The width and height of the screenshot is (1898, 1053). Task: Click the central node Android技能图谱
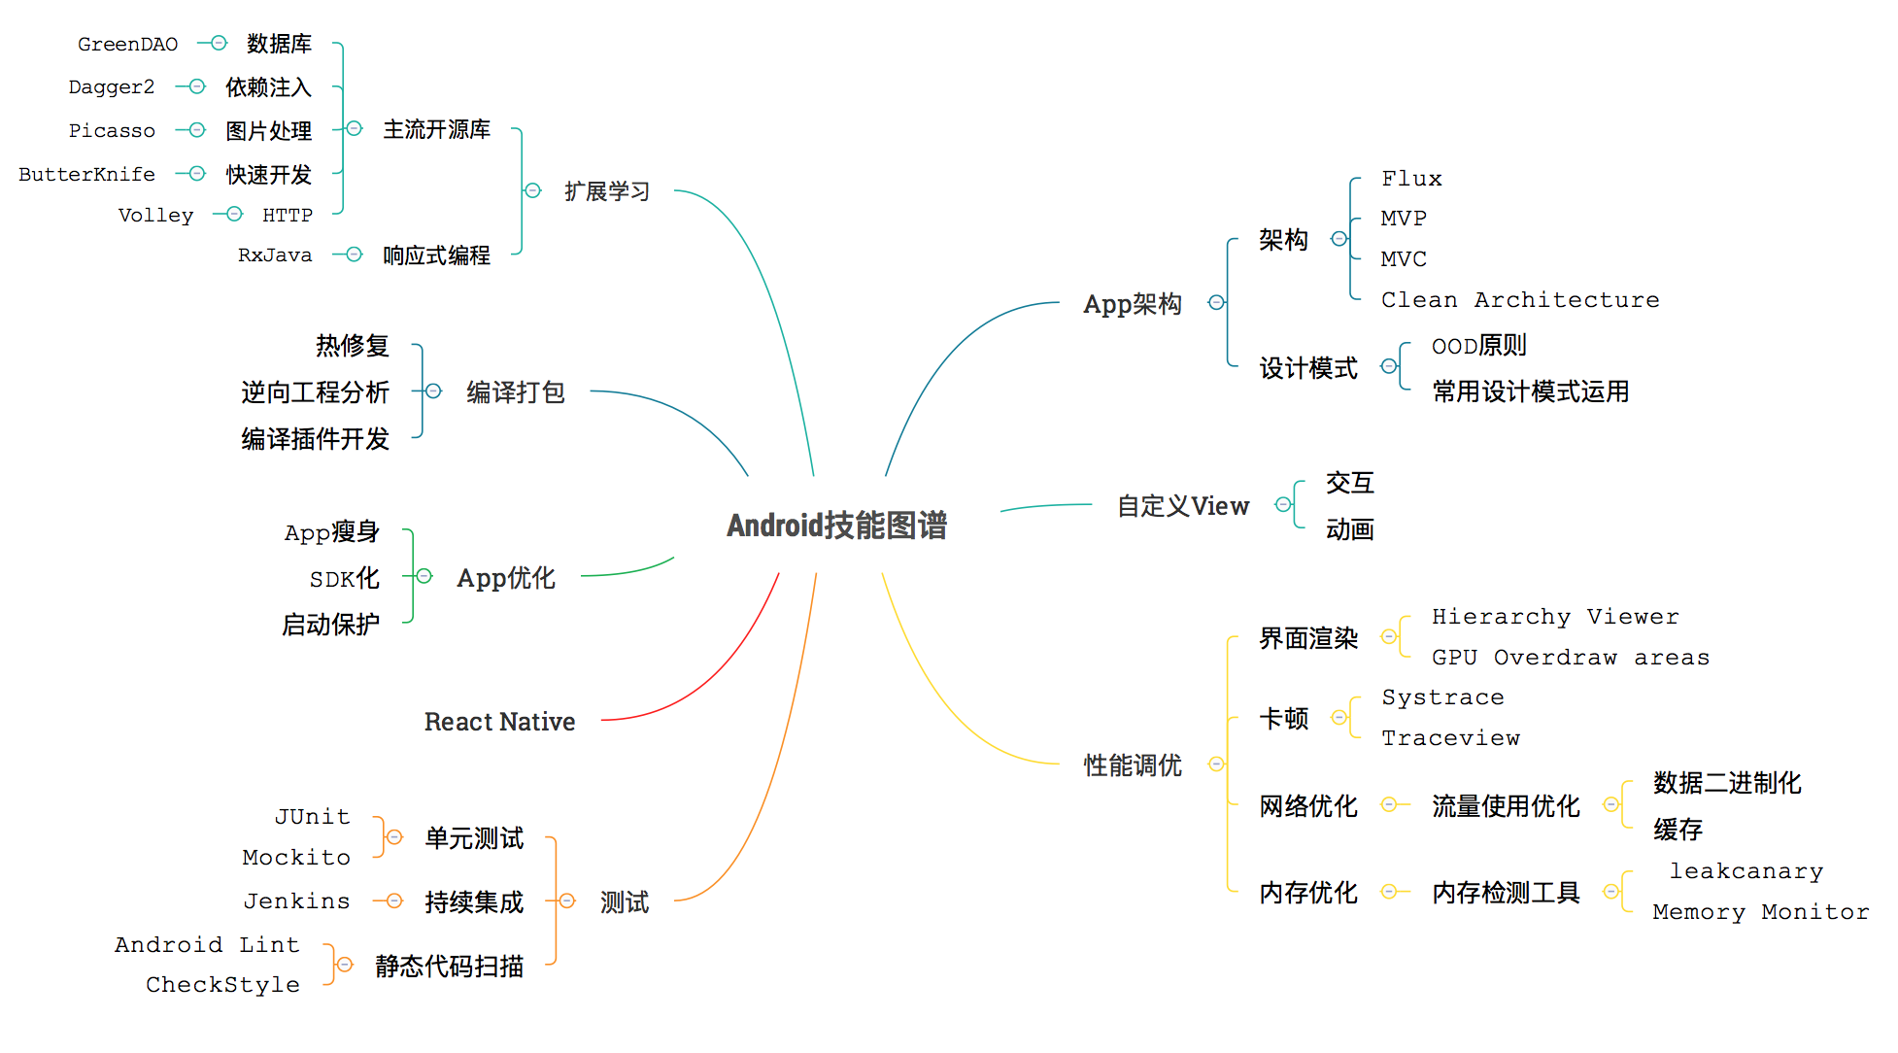tap(836, 526)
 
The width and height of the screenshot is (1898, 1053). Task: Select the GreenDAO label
tap(127, 45)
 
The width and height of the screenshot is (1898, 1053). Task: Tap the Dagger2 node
tap(111, 87)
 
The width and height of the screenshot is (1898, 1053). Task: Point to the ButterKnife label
tap(86, 175)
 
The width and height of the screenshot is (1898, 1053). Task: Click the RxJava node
tap(275, 255)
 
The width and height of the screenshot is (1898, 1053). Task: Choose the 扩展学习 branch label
tap(607, 191)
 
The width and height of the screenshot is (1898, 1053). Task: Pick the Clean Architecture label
tap(1519, 300)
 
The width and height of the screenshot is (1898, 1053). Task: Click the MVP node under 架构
tap(1403, 219)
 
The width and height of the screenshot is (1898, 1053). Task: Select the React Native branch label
tap(499, 722)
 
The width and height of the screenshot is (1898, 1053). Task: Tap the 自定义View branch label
tap(1182, 506)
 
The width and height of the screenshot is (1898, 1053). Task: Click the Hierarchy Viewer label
tap(1554, 617)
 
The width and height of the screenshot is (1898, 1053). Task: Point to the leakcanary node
tap(1745, 871)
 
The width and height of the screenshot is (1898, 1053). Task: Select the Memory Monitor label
tap(1760, 912)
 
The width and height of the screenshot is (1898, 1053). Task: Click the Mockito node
tap(296, 858)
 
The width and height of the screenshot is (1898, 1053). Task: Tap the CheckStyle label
tap(222, 985)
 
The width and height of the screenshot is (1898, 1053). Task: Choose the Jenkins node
tap(296, 901)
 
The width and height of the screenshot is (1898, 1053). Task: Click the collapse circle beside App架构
tap(1216, 303)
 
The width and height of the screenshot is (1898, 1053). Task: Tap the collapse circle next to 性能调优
tap(1216, 764)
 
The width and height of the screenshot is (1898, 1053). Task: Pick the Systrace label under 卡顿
tap(1442, 697)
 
